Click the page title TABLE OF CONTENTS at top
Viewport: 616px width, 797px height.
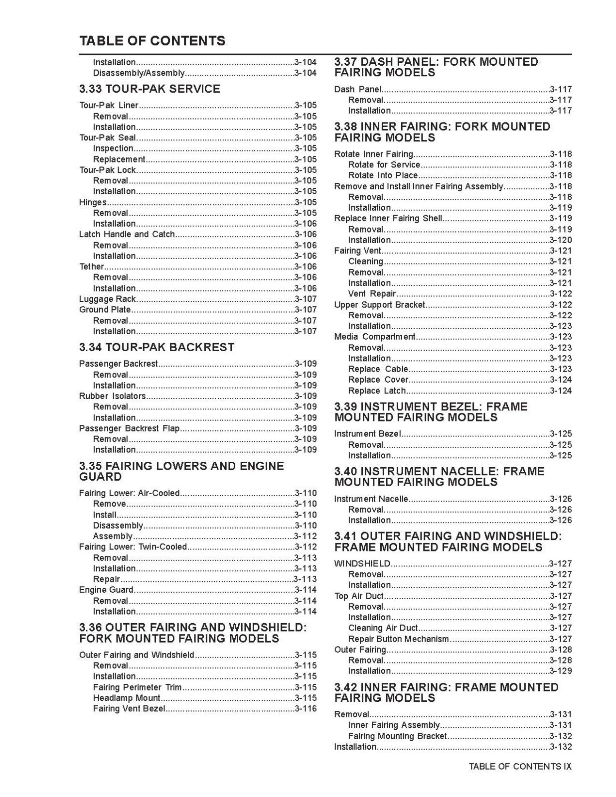(152, 41)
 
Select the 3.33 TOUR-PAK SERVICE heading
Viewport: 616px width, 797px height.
(150, 89)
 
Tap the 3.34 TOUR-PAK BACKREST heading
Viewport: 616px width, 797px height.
(156, 347)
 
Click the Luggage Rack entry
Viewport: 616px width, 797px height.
(107, 299)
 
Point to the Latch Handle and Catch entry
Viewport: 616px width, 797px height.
(127, 234)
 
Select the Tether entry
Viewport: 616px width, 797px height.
(91, 266)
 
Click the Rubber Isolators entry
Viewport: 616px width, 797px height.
(112, 396)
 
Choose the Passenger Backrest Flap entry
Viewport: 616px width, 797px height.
(129, 428)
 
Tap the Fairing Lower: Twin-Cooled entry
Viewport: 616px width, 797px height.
(133, 547)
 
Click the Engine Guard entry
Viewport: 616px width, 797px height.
(106, 590)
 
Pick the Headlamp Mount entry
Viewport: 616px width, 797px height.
(127, 698)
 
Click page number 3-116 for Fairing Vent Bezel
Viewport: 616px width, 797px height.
(306, 709)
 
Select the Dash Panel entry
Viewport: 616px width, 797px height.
(357, 90)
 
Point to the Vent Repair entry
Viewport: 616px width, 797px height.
(372, 294)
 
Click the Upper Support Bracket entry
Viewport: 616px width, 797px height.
(379, 305)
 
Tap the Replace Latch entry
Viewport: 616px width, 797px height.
(377, 391)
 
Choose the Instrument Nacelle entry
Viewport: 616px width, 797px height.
(371, 499)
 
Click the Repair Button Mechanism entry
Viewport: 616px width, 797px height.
(398, 639)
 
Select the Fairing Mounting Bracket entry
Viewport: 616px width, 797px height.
(397, 736)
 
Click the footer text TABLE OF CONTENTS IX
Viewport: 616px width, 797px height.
(520, 767)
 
